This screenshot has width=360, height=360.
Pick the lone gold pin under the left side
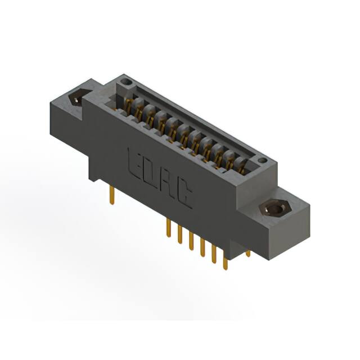[112, 195]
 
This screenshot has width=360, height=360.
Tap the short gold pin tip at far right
[247, 254]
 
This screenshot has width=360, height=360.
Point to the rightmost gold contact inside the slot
[242, 168]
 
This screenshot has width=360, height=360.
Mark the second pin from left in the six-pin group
[179, 234]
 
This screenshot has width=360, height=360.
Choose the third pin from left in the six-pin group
[191, 240]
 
